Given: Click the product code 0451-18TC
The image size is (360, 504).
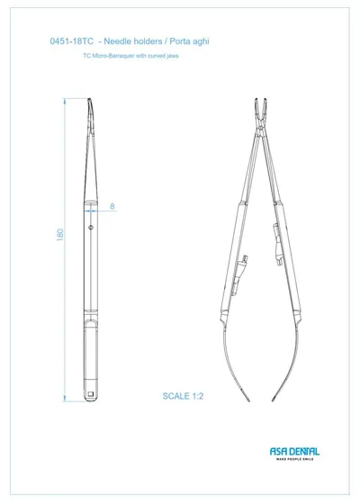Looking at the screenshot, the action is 72,41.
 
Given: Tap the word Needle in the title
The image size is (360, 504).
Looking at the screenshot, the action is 117,41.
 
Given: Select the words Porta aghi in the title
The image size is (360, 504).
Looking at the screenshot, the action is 189,41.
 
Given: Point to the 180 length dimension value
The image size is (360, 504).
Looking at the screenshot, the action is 60,235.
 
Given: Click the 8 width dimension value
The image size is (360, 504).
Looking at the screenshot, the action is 112,206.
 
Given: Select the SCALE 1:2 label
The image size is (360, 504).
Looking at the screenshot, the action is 183,396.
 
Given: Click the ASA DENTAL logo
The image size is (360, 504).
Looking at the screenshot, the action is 294,452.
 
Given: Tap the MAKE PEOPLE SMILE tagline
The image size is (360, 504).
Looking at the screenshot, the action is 295,459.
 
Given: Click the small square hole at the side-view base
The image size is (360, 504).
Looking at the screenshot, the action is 90,394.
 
